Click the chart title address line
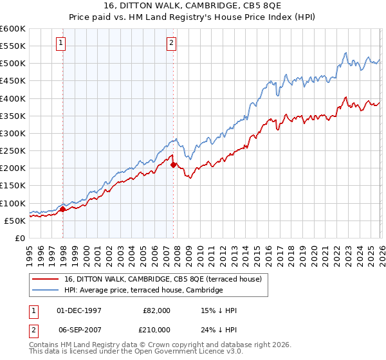(x=193, y=6)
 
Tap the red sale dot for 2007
(x=174, y=165)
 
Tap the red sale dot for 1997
(x=62, y=209)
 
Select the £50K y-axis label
(x=15, y=221)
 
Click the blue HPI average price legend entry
(x=143, y=291)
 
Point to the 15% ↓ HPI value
(x=219, y=310)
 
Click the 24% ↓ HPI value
(x=219, y=328)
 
